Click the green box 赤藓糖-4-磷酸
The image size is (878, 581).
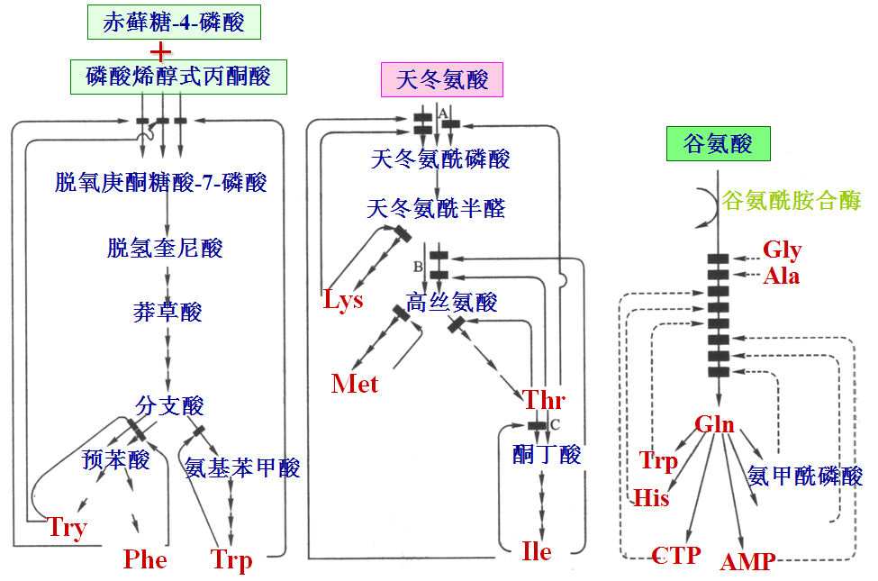point(174,23)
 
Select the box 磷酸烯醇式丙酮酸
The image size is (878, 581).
point(178,77)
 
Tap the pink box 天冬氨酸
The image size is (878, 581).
point(442,79)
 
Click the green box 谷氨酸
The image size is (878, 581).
point(718,143)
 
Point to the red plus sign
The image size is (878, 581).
point(159,51)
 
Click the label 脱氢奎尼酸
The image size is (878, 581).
point(165,248)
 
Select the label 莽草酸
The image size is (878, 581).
point(167,313)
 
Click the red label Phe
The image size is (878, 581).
point(145,560)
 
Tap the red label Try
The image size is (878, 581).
point(67,527)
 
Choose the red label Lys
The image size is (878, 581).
point(343,300)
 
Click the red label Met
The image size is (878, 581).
point(355,384)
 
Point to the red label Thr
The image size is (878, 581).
point(544,399)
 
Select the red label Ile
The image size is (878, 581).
point(537,550)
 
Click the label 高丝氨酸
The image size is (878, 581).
point(452,303)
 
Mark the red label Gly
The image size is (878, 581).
point(782,250)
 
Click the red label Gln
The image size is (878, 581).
point(714,425)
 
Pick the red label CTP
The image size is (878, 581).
point(675,555)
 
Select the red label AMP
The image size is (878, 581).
point(747,562)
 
